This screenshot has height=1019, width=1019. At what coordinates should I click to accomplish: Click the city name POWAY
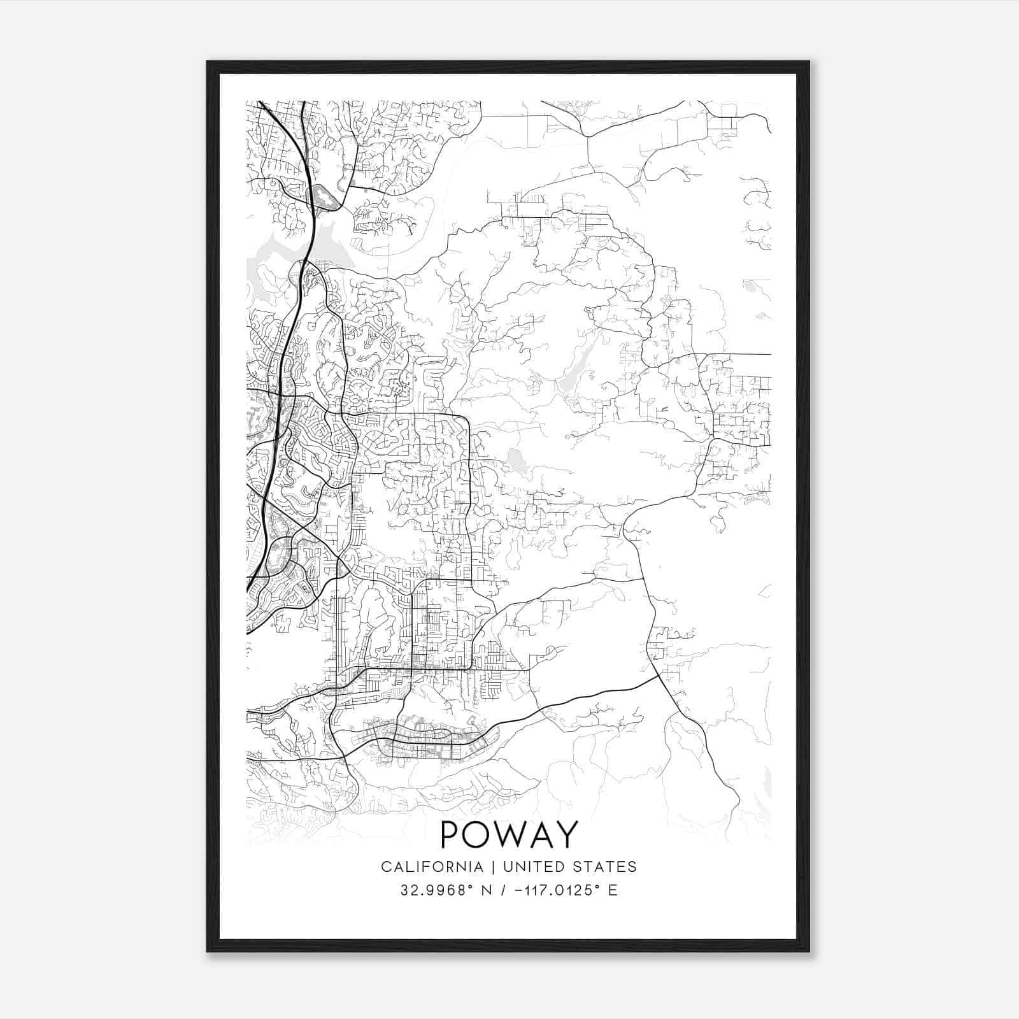(509, 834)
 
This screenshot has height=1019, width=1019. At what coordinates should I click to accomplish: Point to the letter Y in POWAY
(566, 834)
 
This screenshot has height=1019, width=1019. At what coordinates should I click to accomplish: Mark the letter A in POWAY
(541, 834)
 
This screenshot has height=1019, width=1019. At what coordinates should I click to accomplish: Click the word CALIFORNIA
(432, 866)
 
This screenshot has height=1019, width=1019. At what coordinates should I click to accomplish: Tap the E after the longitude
(613, 890)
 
